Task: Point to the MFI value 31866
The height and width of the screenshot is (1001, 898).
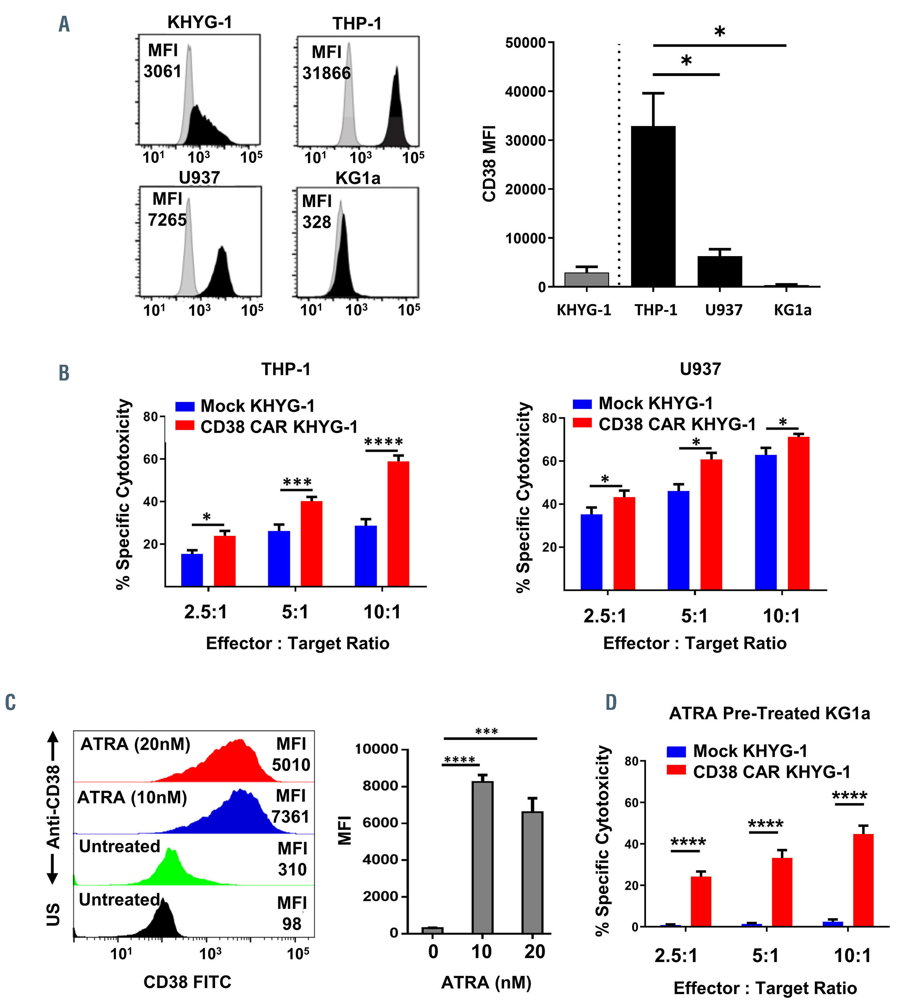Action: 326,74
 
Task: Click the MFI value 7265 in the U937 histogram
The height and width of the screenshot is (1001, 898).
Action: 167,220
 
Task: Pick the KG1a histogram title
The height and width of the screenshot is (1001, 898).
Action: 358,178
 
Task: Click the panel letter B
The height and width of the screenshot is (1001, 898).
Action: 64,373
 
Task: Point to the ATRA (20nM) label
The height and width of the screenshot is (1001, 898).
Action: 135,744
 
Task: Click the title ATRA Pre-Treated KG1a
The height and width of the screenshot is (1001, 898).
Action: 769,713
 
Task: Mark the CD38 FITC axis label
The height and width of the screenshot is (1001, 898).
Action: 187,982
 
